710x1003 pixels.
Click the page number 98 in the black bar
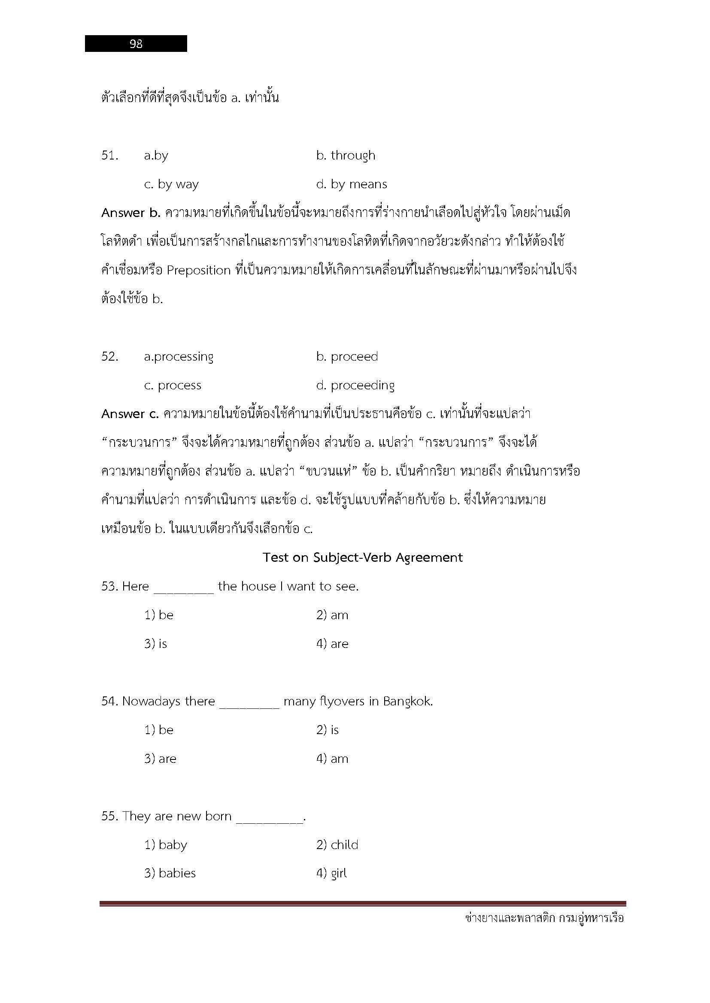pos(136,44)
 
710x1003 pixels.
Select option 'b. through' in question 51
pos(346,156)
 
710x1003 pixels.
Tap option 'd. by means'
pos(352,184)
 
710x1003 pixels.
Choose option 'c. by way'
pos(171,184)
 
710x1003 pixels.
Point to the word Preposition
pos(198,271)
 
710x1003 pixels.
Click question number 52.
pos(110,356)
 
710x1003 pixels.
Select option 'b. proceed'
pos(347,356)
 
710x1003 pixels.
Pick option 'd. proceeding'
pos(355,386)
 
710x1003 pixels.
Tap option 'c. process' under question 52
pos(173,386)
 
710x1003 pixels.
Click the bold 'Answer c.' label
pos(130,414)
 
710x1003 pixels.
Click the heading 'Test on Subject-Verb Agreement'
pos(362,557)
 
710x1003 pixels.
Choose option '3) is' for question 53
pos(156,644)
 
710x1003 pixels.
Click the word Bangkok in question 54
pos(407,702)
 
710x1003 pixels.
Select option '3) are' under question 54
pos(161,759)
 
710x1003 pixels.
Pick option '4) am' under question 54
pos(332,759)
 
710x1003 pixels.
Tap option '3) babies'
pos(170,873)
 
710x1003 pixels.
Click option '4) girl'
pos(331,873)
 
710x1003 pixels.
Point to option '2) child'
pos(337,845)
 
